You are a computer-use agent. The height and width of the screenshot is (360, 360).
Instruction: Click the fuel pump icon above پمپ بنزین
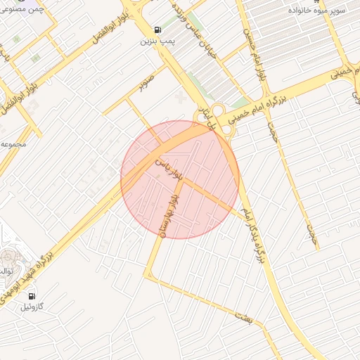click(156, 30)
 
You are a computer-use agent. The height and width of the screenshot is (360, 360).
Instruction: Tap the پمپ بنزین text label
click(156, 42)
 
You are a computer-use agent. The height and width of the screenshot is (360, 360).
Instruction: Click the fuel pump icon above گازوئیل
click(31, 296)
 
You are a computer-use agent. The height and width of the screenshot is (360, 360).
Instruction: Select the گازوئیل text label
click(31, 307)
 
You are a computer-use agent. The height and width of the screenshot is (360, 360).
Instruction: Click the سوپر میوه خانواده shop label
click(321, 11)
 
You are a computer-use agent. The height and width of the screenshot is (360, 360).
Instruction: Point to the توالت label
click(6, 271)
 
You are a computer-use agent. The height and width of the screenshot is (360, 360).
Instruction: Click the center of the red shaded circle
click(180, 179)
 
